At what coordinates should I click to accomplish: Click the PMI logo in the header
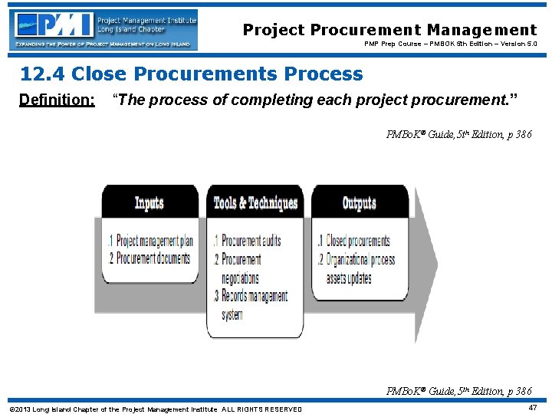pos(104,29)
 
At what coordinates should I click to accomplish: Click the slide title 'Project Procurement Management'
pos(389,30)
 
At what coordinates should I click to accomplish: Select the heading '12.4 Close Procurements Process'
pos(191,74)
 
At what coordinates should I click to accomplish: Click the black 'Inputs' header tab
pos(149,202)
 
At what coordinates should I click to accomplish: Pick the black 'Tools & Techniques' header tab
pos(255,202)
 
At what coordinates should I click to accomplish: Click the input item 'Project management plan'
pos(150,242)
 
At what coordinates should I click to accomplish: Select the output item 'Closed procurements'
pos(353,242)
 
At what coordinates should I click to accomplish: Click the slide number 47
pos(532,408)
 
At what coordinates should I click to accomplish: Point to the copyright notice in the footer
pos(155,409)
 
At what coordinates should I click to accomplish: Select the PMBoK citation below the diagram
pos(458,391)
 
